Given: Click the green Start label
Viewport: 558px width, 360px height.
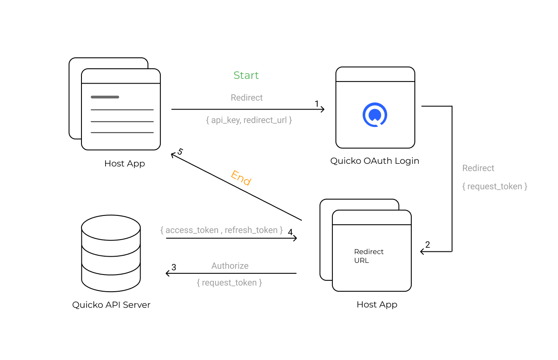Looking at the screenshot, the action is click(x=246, y=75).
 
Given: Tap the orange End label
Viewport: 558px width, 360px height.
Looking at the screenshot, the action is click(x=241, y=178).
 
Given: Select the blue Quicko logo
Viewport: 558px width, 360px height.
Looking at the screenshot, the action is click(x=374, y=115).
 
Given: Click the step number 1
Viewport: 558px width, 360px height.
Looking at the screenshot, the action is click(x=317, y=104).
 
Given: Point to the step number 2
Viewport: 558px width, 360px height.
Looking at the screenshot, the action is click(x=427, y=245).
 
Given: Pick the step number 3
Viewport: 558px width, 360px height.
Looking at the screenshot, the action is click(x=174, y=267).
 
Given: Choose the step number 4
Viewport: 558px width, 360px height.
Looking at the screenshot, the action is click(x=290, y=232).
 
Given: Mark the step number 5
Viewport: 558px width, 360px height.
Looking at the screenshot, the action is click(x=180, y=152).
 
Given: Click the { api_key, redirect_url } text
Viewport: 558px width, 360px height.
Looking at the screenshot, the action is click(x=249, y=120).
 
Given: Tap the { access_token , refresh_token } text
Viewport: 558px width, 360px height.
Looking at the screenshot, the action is click(x=222, y=230).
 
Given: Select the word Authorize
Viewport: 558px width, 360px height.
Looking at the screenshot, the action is click(x=230, y=266).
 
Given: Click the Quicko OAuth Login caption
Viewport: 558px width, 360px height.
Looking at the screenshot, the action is click(x=374, y=161).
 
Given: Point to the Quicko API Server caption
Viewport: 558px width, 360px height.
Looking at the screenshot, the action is click(x=111, y=305).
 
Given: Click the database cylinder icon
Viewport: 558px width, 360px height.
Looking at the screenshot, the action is click(x=111, y=254).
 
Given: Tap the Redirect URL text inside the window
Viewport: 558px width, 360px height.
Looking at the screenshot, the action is click(x=369, y=256).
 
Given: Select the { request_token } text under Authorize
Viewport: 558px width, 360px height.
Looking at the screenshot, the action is click(x=230, y=283).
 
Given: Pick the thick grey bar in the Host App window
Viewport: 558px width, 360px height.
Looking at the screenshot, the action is click(x=105, y=97).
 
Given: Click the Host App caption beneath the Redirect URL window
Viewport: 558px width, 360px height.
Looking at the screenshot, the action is click(x=377, y=305).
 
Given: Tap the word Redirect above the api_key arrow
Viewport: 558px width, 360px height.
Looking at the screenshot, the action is click(x=247, y=98).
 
